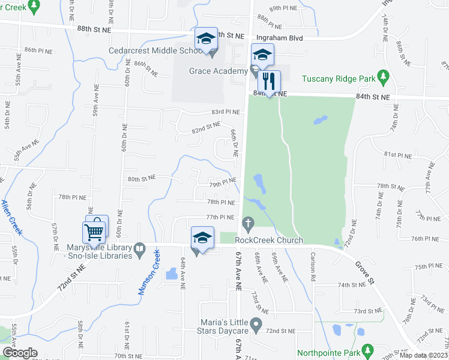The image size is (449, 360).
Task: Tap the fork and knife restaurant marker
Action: click(x=270, y=82)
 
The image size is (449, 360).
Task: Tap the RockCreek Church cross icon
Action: click(x=247, y=223)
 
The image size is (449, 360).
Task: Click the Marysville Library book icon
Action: click(x=139, y=248)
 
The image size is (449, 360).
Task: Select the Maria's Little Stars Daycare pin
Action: click(x=256, y=326)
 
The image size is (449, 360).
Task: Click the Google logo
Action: click(x=19, y=352)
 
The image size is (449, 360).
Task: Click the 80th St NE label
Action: click(x=141, y=178)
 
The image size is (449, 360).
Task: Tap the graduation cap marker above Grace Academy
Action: click(x=262, y=55)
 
